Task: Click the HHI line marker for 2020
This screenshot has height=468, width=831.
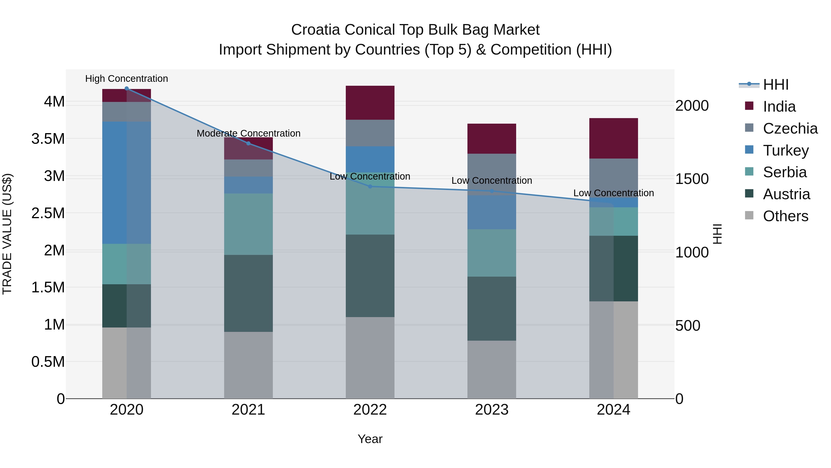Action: pyautogui.click(x=126, y=89)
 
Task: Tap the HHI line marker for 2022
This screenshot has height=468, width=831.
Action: pyautogui.click(x=370, y=186)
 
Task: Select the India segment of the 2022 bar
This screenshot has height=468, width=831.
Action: pyautogui.click(x=370, y=103)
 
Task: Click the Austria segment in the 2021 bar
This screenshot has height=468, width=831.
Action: pyautogui.click(x=248, y=293)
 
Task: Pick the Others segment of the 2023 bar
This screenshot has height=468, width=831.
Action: pyautogui.click(x=492, y=370)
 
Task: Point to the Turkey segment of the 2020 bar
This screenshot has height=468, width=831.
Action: pyautogui.click(x=126, y=183)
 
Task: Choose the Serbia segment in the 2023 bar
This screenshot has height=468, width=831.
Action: pyautogui.click(x=492, y=253)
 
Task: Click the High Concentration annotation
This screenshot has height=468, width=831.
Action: pyautogui.click(x=126, y=79)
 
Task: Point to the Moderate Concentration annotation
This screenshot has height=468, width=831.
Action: pyautogui.click(x=248, y=133)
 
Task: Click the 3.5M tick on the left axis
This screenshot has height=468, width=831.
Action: pyautogui.click(x=48, y=139)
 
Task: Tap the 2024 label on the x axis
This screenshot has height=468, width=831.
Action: pyautogui.click(x=613, y=410)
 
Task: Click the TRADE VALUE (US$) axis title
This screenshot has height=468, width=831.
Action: pyautogui.click(x=7, y=234)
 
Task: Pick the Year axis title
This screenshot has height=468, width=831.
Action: pyautogui.click(x=370, y=439)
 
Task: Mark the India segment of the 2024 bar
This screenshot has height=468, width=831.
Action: pyautogui.click(x=613, y=138)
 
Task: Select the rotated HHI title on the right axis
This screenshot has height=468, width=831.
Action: pyautogui.click(x=717, y=234)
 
